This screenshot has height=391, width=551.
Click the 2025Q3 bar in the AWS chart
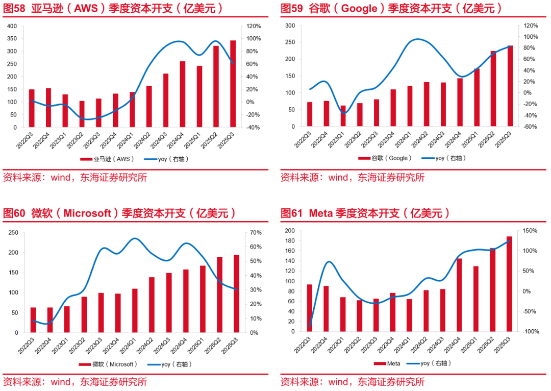(233, 84)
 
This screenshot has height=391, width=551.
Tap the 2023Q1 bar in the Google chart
(343, 116)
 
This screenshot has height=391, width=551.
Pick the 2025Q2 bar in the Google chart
(493, 89)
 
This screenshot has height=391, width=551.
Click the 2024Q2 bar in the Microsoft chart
(152, 305)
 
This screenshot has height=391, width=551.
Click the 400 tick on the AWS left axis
(12, 26)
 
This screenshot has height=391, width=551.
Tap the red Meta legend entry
(387, 363)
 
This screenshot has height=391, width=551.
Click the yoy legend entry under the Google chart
(444, 158)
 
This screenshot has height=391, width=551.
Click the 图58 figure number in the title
(14, 9)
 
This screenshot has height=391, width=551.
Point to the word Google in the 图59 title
(360, 9)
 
